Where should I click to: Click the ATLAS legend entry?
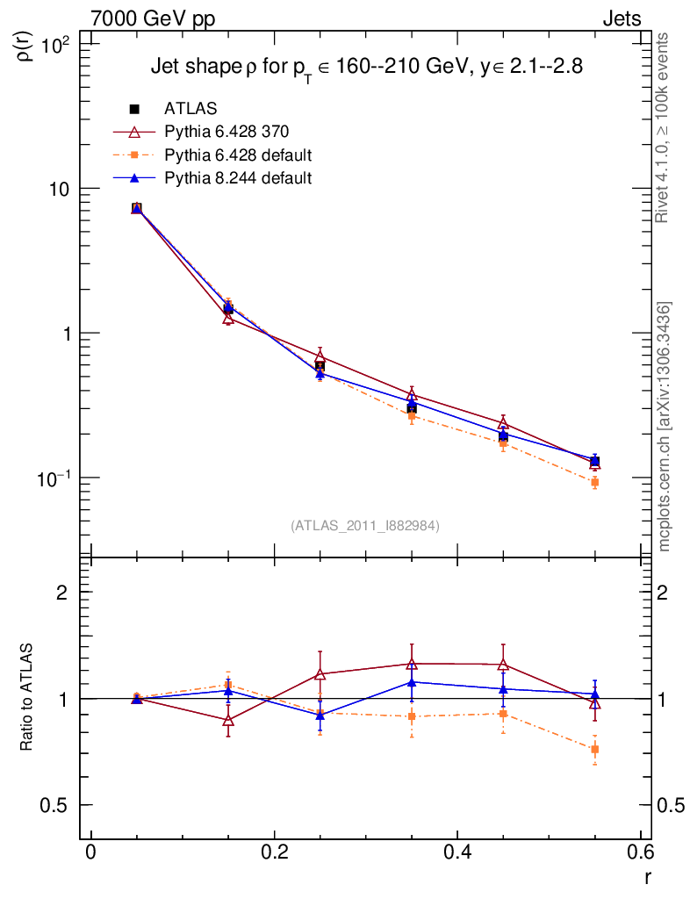point(188,109)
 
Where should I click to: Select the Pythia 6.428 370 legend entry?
point(226,132)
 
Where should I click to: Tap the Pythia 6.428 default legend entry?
point(238,155)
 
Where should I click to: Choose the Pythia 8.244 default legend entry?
point(238,178)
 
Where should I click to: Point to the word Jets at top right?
point(621,19)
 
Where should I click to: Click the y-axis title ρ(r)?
point(25,41)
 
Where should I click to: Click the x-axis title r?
point(648,875)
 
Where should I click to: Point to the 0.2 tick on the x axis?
point(274,852)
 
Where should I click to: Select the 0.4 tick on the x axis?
point(456,852)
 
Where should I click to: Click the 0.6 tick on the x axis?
point(640,852)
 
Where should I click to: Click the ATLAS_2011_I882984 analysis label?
point(365,525)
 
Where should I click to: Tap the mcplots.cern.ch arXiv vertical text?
point(665,427)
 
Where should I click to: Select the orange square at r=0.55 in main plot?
point(594,483)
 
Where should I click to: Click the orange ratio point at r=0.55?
point(594,750)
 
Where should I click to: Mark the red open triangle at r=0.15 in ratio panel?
point(228,720)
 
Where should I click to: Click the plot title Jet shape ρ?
point(366,67)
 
